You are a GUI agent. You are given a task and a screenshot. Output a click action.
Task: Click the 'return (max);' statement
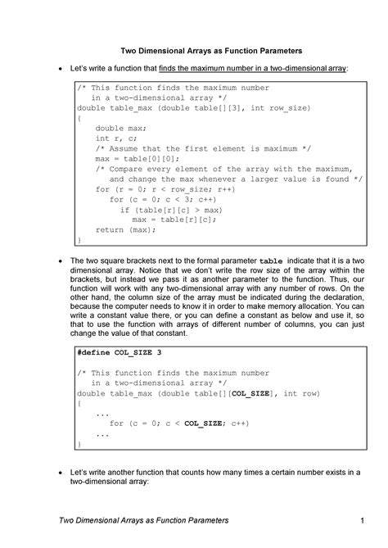pyautogui.click(x=125, y=230)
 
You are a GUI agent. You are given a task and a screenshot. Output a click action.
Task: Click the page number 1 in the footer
pyautogui.click(x=360, y=521)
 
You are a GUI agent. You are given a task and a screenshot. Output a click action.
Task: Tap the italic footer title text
pyautogui.click(x=144, y=521)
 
